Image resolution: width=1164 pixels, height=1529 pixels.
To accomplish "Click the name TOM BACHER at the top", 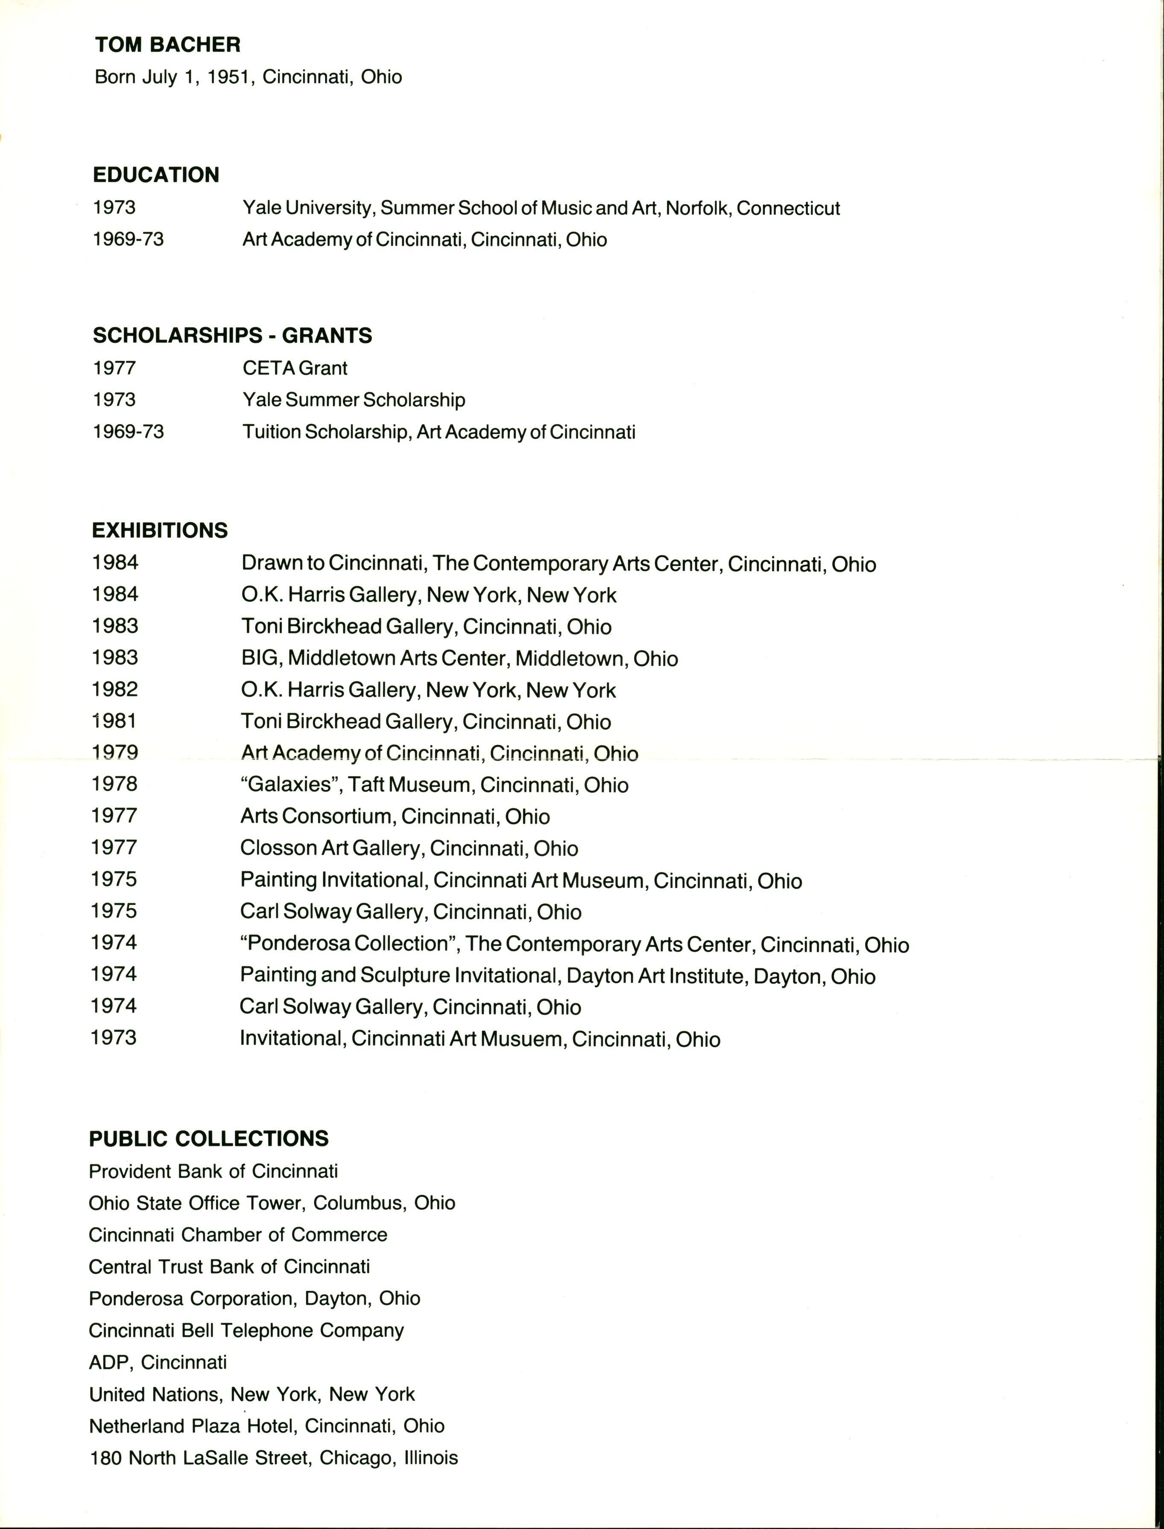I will click(168, 45).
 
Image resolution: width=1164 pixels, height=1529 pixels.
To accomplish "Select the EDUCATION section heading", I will click(156, 175).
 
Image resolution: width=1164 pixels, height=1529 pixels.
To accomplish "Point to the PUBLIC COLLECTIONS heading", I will click(208, 1138).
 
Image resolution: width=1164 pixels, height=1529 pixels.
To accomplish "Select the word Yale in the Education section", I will click(261, 208).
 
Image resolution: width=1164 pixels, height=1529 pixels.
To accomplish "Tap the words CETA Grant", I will click(295, 368).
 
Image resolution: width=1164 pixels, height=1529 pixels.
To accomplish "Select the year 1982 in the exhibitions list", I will click(114, 689).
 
